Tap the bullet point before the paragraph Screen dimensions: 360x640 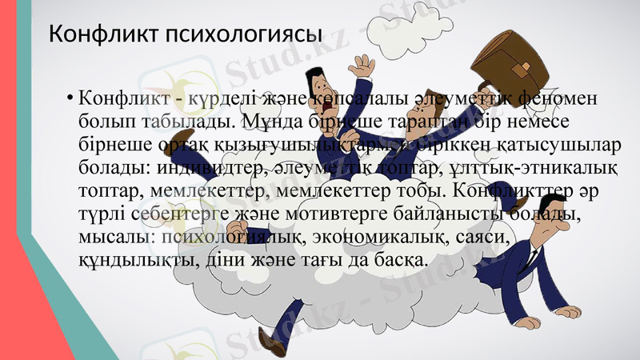click(x=70, y=100)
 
